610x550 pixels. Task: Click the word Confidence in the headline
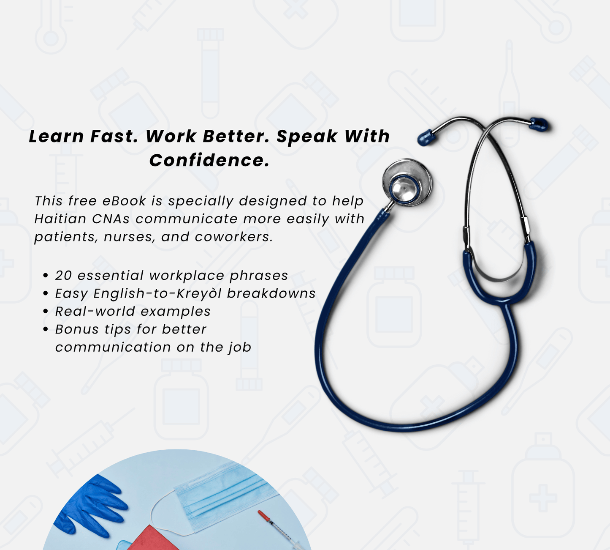[x=209, y=160]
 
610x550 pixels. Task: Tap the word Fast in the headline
[x=114, y=137]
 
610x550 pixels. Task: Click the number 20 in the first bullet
[x=64, y=276]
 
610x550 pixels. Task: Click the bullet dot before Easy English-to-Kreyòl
[x=46, y=294]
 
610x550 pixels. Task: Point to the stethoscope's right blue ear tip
[x=539, y=124]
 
